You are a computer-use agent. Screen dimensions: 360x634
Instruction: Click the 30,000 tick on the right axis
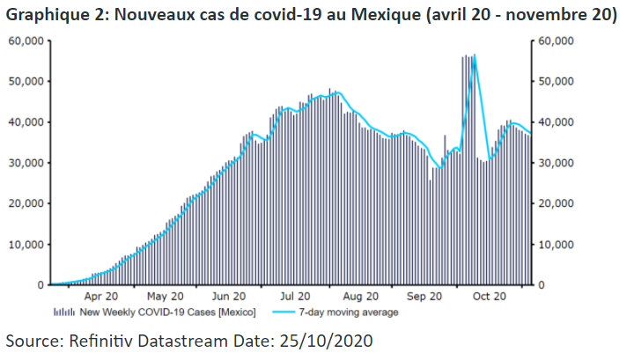[557, 163]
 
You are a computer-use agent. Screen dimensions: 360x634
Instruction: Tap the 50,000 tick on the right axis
[557, 81]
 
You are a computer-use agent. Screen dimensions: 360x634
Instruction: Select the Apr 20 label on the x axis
[102, 297]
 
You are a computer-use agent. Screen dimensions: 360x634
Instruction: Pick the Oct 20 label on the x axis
[488, 297]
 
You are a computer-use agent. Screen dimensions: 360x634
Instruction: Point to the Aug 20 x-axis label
[359, 297]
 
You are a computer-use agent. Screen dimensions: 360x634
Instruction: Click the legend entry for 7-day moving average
[348, 312]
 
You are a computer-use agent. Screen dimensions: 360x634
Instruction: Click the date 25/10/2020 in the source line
[327, 340]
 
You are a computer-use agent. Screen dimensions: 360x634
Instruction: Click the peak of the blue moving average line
[475, 55]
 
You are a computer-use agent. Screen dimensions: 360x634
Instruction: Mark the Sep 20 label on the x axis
[424, 297]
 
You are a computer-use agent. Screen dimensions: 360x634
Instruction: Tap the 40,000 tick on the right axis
[557, 122]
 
